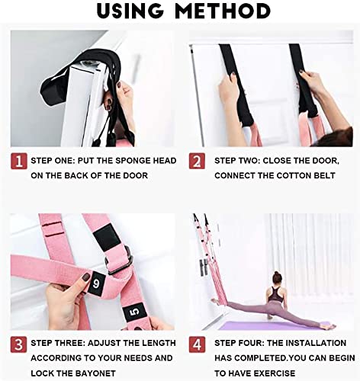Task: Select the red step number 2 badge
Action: pyautogui.click(x=198, y=161)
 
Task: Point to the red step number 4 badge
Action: pyautogui.click(x=198, y=343)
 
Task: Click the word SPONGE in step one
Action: pyautogui.click(x=137, y=161)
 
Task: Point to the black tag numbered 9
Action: pyautogui.click(x=96, y=281)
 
